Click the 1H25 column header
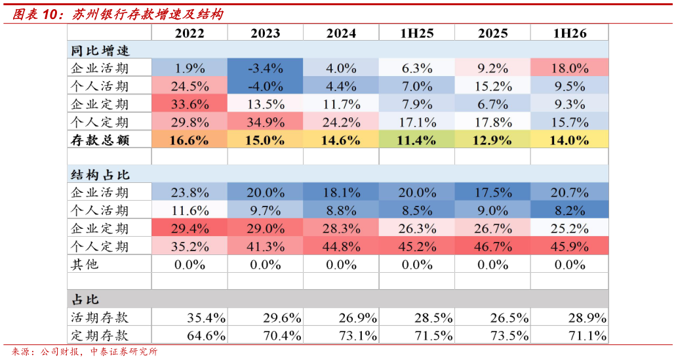(417, 33)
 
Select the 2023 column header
(265, 33)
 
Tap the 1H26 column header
(570, 33)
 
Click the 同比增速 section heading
(100, 51)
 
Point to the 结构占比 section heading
(100, 175)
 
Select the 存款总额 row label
(100, 140)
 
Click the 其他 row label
(85, 264)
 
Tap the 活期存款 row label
(100, 318)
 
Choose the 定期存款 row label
(100, 336)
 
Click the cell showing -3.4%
(265, 68)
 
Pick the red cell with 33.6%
(189, 104)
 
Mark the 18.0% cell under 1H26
(570, 68)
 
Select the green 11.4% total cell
(417, 140)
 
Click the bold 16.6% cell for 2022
(189, 140)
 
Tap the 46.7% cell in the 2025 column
(493, 246)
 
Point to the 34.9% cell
(265, 122)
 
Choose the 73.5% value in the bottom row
(509, 336)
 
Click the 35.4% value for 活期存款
(206, 318)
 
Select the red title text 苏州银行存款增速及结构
(148, 14)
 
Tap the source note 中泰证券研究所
(124, 351)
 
